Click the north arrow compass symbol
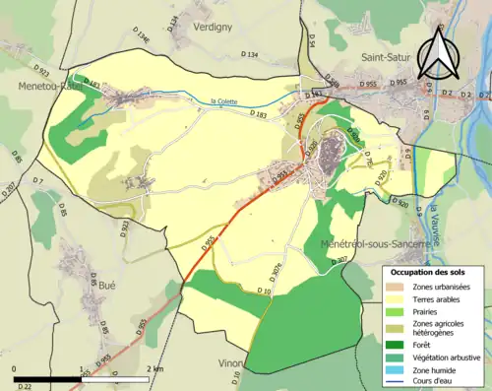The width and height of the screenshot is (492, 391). point(439,51)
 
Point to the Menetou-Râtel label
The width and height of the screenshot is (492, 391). point(34,85)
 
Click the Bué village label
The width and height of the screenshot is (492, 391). point(108,283)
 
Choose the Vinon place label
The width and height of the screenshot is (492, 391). point(231,363)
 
